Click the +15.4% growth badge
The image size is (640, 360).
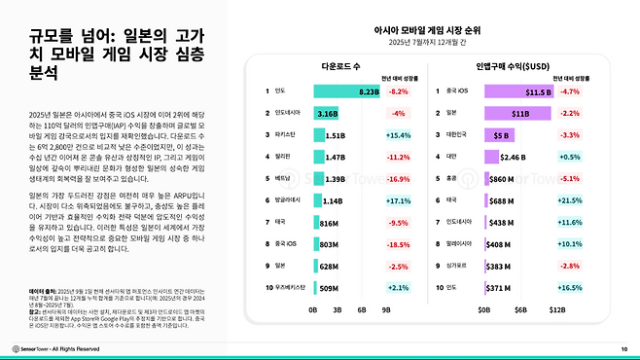click(399, 135)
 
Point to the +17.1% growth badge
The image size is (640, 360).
click(399, 200)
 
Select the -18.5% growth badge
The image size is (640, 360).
click(399, 244)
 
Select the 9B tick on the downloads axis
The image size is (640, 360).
click(385, 308)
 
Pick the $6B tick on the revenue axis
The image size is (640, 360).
click(519, 308)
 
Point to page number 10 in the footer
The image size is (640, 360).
click(623, 347)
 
